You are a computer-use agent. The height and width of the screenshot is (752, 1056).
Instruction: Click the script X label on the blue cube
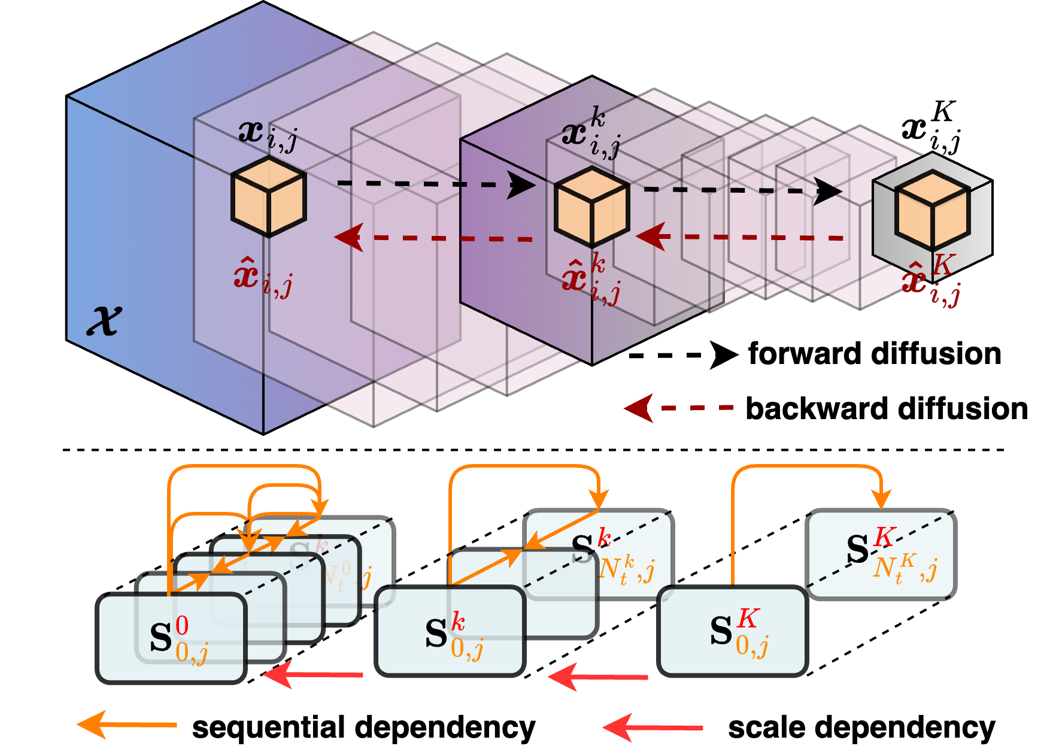click(105, 320)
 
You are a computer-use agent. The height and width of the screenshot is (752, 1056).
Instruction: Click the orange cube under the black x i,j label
click(269, 197)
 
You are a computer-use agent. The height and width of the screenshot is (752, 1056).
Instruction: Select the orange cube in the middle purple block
click(592, 207)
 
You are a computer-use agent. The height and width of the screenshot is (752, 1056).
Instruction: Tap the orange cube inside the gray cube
click(932, 210)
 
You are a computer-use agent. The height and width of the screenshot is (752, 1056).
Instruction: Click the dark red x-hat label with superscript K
click(931, 280)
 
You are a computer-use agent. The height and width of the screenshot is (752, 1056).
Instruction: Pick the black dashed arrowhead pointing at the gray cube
click(829, 192)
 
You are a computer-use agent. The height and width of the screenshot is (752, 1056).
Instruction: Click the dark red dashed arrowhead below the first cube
click(348, 238)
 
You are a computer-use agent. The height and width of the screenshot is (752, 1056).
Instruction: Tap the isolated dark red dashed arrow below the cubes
click(679, 408)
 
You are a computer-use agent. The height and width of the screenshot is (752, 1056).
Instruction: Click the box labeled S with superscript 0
click(172, 637)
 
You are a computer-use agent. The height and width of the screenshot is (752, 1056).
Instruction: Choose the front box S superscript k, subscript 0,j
click(450, 630)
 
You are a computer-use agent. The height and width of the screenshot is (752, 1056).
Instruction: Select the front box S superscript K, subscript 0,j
click(733, 631)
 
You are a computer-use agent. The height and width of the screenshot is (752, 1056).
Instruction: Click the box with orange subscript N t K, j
click(881, 554)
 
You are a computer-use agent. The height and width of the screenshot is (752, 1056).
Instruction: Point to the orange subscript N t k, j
click(626, 569)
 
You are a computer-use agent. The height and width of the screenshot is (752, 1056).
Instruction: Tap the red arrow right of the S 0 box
click(313, 675)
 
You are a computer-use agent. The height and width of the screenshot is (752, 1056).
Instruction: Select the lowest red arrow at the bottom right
click(653, 727)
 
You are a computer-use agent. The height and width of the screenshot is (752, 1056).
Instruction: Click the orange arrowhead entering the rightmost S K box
click(881, 499)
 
